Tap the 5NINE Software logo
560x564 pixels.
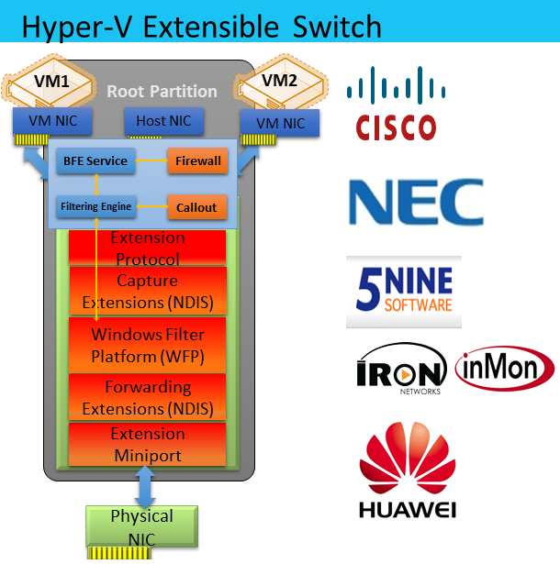404,291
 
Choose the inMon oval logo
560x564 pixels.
505,369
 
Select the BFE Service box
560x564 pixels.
95,161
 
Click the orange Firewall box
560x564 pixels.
197,161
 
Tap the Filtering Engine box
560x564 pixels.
96,207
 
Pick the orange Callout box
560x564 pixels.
197,207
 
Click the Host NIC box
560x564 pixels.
163,122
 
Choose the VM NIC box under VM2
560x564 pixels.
279,124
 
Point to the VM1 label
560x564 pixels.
51,81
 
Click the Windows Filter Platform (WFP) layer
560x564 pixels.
148,346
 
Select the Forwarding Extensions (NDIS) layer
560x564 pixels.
148,398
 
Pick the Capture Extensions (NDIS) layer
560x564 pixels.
148,292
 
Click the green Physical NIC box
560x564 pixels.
141,526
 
